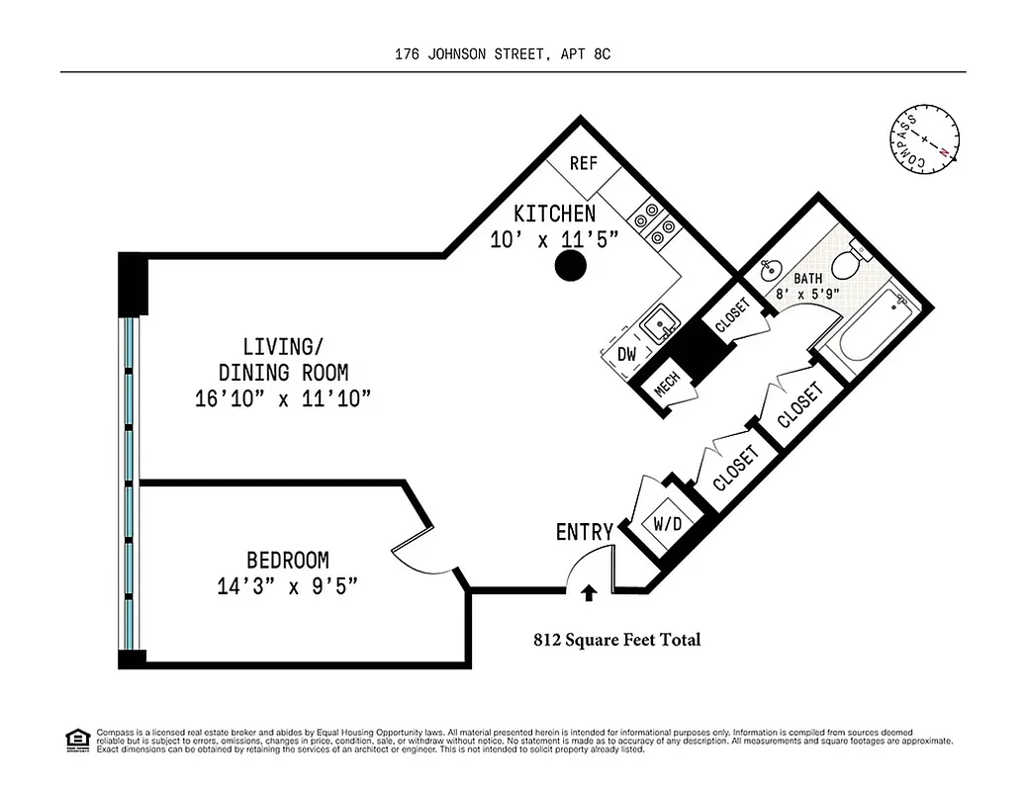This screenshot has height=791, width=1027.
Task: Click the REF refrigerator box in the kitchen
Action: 584,163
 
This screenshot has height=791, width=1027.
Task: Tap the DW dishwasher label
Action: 626,353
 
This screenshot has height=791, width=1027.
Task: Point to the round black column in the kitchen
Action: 570,264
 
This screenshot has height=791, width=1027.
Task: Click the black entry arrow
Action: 589,592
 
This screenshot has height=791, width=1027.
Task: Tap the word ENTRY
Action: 584,532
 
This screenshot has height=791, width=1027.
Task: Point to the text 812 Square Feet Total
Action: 617,640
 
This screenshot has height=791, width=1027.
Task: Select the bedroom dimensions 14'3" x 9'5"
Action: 287,586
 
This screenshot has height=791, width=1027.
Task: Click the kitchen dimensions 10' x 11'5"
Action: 554,238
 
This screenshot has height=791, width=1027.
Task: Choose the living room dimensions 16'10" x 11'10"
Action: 283,398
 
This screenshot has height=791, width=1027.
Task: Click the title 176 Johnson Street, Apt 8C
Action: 503,55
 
